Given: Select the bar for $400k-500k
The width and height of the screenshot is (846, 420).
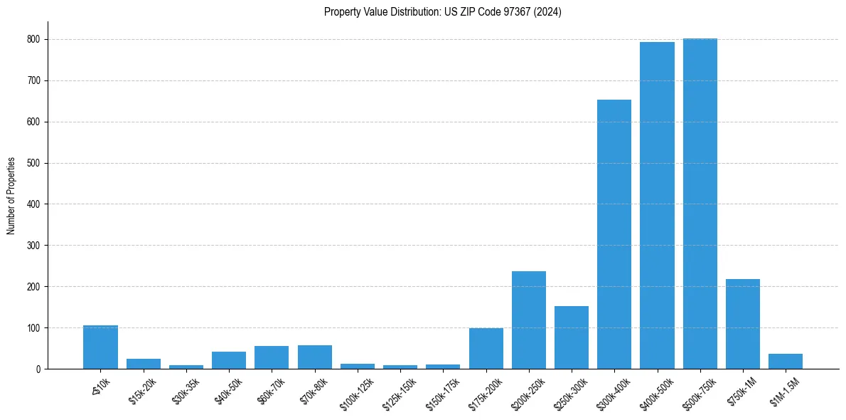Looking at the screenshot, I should (x=657, y=206).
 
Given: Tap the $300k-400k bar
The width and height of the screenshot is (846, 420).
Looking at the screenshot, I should (x=614, y=234).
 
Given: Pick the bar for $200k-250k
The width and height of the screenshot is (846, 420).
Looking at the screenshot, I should (x=529, y=320).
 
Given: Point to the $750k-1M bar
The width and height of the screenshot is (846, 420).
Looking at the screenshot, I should (x=743, y=324).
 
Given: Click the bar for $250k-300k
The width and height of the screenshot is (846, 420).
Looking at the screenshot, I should (x=572, y=337).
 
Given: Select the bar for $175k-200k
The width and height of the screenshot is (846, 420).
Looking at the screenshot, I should (x=486, y=348).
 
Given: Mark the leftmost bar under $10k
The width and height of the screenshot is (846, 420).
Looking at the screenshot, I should (x=100, y=347).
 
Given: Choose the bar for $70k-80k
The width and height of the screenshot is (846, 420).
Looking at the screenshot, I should (x=315, y=357).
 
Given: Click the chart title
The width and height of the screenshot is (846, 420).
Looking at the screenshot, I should (x=442, y=12).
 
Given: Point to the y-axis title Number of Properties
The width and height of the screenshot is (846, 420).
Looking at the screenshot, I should (x=11, y=196).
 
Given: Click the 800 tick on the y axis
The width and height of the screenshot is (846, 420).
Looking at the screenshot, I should (x=33, y=40).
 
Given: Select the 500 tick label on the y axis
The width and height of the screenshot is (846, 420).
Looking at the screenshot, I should (x=33, y=163).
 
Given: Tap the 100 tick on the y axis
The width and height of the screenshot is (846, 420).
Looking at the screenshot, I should (x=33, y=328).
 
